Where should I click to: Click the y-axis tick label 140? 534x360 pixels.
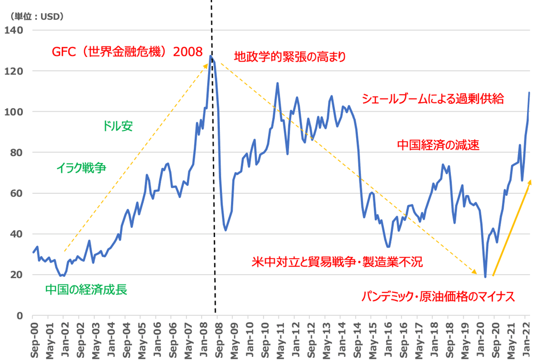click(x=14, y=30)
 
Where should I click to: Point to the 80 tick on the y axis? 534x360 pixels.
click(x=16, y=152)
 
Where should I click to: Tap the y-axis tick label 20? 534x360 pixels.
click(x=16, y=275)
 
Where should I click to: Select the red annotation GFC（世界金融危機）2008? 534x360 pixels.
click(x=127, y=52)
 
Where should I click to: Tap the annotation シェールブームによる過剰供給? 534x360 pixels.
click(x=432, y=99)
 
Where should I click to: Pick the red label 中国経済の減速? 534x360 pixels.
click(x=439, y=145)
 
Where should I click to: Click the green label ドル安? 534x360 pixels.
click(x=118, y=126)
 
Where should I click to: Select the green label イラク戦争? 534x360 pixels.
click(x=81, y=168)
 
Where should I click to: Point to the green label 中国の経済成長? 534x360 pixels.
click(x=86, y=289)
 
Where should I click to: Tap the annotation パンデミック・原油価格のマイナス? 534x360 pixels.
click(x=438, y=297)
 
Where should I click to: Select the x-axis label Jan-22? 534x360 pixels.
click(x=526, y=337)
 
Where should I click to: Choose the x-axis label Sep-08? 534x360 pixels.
click(x=218, y=337)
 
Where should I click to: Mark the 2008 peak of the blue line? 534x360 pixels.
click(x=211, y=56)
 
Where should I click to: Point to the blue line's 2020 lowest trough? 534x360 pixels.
click(x=485, y=276)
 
